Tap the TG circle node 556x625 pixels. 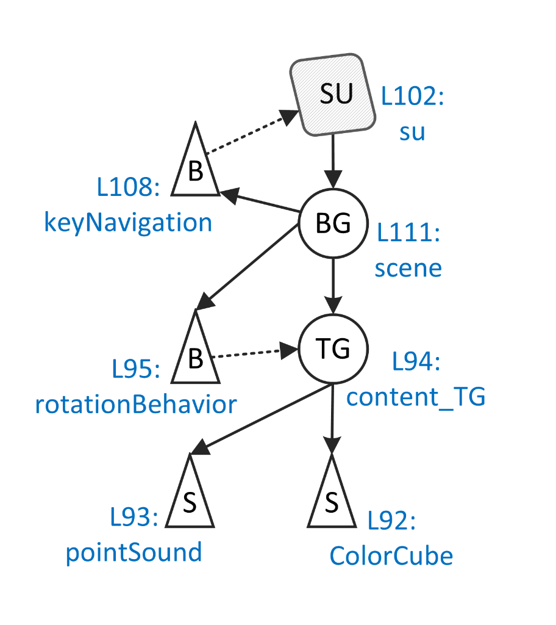pos(333,349)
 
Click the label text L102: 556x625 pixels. pos(413,97)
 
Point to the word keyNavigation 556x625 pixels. pos(128,223)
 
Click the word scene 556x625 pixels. pos(408,268)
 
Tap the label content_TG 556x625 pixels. pos(416,397)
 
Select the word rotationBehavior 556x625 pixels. pos(135,404)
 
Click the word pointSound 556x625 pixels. pos(134,552)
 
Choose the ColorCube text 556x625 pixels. pos(391,556)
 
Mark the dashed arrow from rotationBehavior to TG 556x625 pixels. pos(253,353)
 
